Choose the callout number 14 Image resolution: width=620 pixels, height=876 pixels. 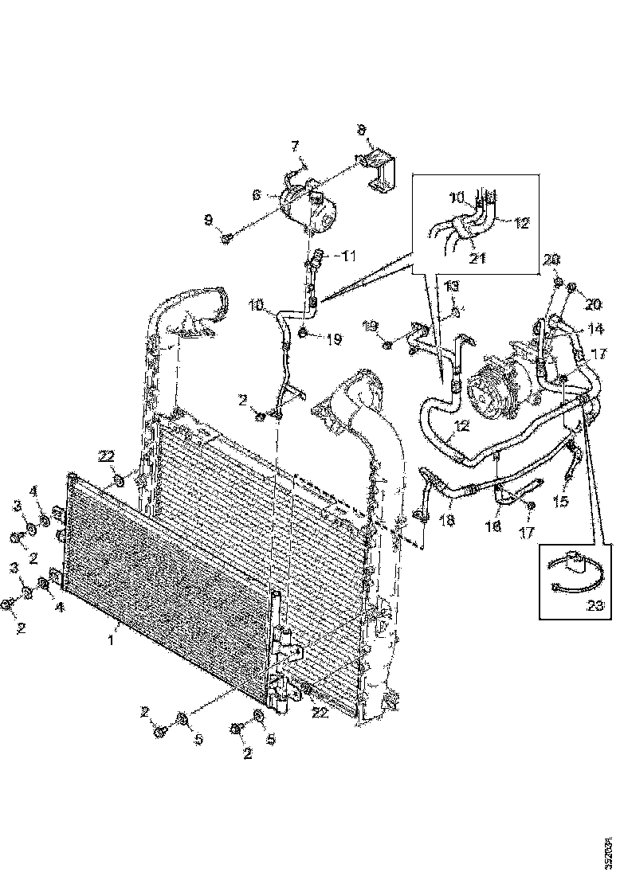[x=595, y=328]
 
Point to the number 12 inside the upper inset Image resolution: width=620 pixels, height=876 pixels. [x=521, y=224]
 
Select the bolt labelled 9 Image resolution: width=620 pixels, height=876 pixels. [x=228, y=237]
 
